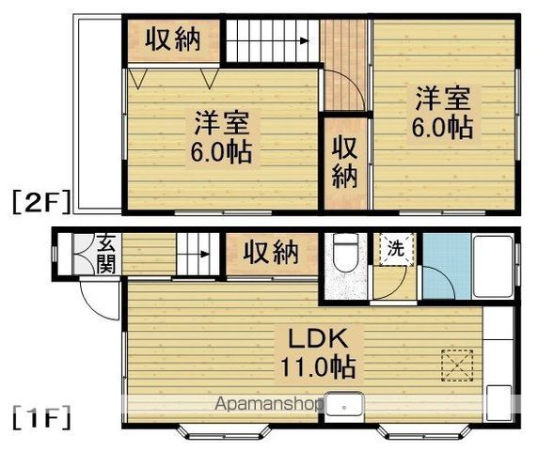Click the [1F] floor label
pyautogui.click(x=40, y=415)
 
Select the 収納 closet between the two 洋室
pyautogui.click(x=344, y=163)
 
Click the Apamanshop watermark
pyautogui.click(x=268, y=405)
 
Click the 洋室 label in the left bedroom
pyautogui.click(x=223, y=123)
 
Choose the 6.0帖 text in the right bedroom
pyautogui.click(x=441, y=127)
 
